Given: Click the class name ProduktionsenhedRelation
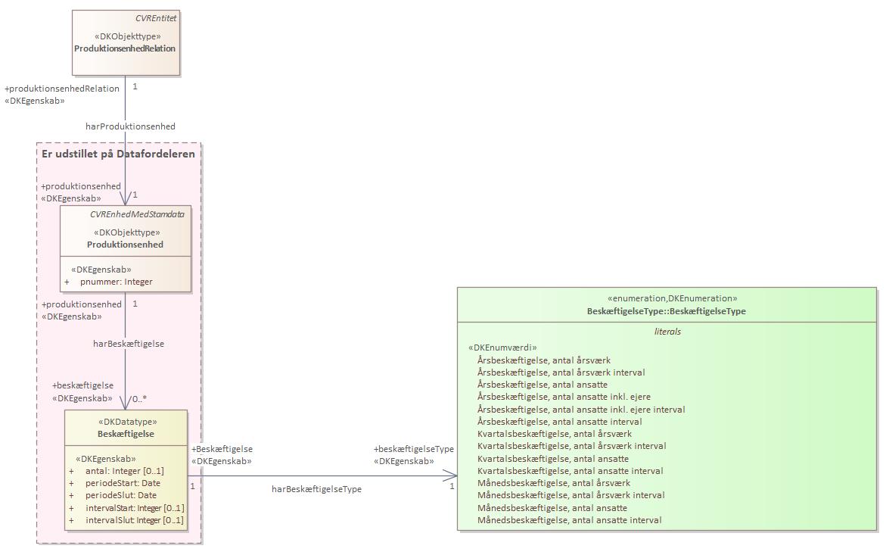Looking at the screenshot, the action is [125, 48].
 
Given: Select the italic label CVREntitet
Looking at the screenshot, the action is [156, 18].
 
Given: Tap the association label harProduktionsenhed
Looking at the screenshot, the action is [131, 126].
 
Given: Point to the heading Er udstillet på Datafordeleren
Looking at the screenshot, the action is [118, 154].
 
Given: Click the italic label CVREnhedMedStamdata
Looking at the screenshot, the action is [137, 214].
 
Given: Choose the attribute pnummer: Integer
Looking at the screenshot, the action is [117, 282].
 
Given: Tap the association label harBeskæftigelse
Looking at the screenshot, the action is [129, 343].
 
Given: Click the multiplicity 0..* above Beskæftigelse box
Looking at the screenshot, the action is [139, 398].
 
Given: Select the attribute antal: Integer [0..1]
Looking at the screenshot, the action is [125, 471].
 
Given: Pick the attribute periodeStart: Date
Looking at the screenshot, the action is [123, 483].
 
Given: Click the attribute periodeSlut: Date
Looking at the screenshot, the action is [121, 495].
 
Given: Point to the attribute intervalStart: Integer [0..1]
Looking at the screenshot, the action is [135, 508].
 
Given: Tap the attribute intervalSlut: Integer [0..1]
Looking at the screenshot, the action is [135, 520].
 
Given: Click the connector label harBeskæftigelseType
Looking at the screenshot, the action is [316, 489].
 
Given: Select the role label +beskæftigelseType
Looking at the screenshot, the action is [414, 449].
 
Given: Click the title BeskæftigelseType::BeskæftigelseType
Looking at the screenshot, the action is [666, 311].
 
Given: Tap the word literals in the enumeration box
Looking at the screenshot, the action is [667, 332].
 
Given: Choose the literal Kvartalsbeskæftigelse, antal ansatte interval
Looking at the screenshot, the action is [570, 471].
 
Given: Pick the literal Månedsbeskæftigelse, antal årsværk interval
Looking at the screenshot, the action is [570, 495].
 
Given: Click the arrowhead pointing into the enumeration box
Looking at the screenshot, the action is [449, 475].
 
